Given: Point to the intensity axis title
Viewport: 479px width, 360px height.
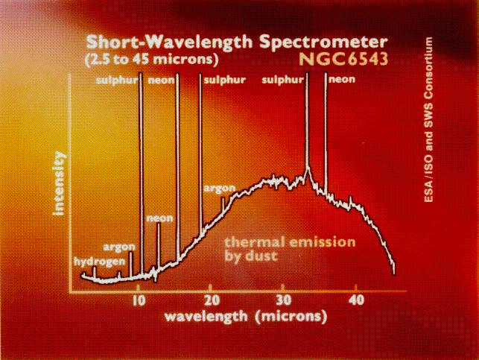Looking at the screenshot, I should click(59, 183).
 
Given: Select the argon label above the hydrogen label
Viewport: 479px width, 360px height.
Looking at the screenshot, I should click(118, 247).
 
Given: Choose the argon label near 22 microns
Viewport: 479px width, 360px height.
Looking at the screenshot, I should click(220, 188).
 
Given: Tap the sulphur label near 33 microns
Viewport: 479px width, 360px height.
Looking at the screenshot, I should click(285, 80).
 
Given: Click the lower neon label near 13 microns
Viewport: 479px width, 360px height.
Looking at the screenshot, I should click(159, 218).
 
